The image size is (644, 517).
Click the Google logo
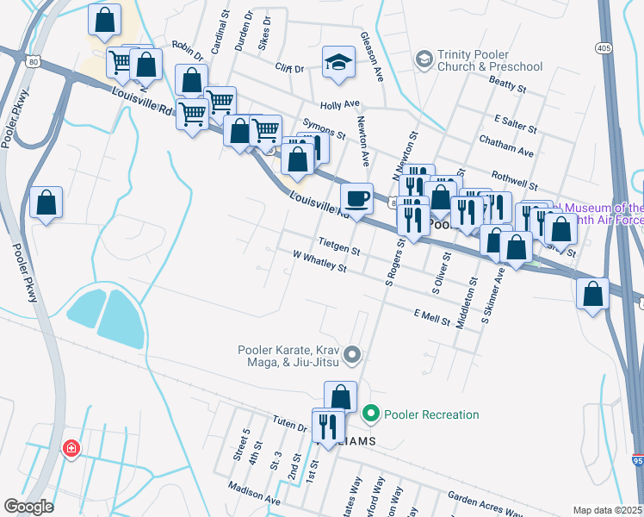[28, 507]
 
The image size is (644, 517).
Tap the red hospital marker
[71, 449]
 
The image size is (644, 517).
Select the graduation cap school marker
[339, 62]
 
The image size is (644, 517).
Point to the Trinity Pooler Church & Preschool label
[489, 60]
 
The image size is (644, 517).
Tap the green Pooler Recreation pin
[371, 414]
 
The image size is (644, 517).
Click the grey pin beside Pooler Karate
[351, 354]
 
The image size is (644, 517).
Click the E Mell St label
[432, 317]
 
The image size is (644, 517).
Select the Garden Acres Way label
[483, 503]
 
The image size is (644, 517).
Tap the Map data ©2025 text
[607, 510]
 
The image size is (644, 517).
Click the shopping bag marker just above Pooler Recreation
[341, 398]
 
